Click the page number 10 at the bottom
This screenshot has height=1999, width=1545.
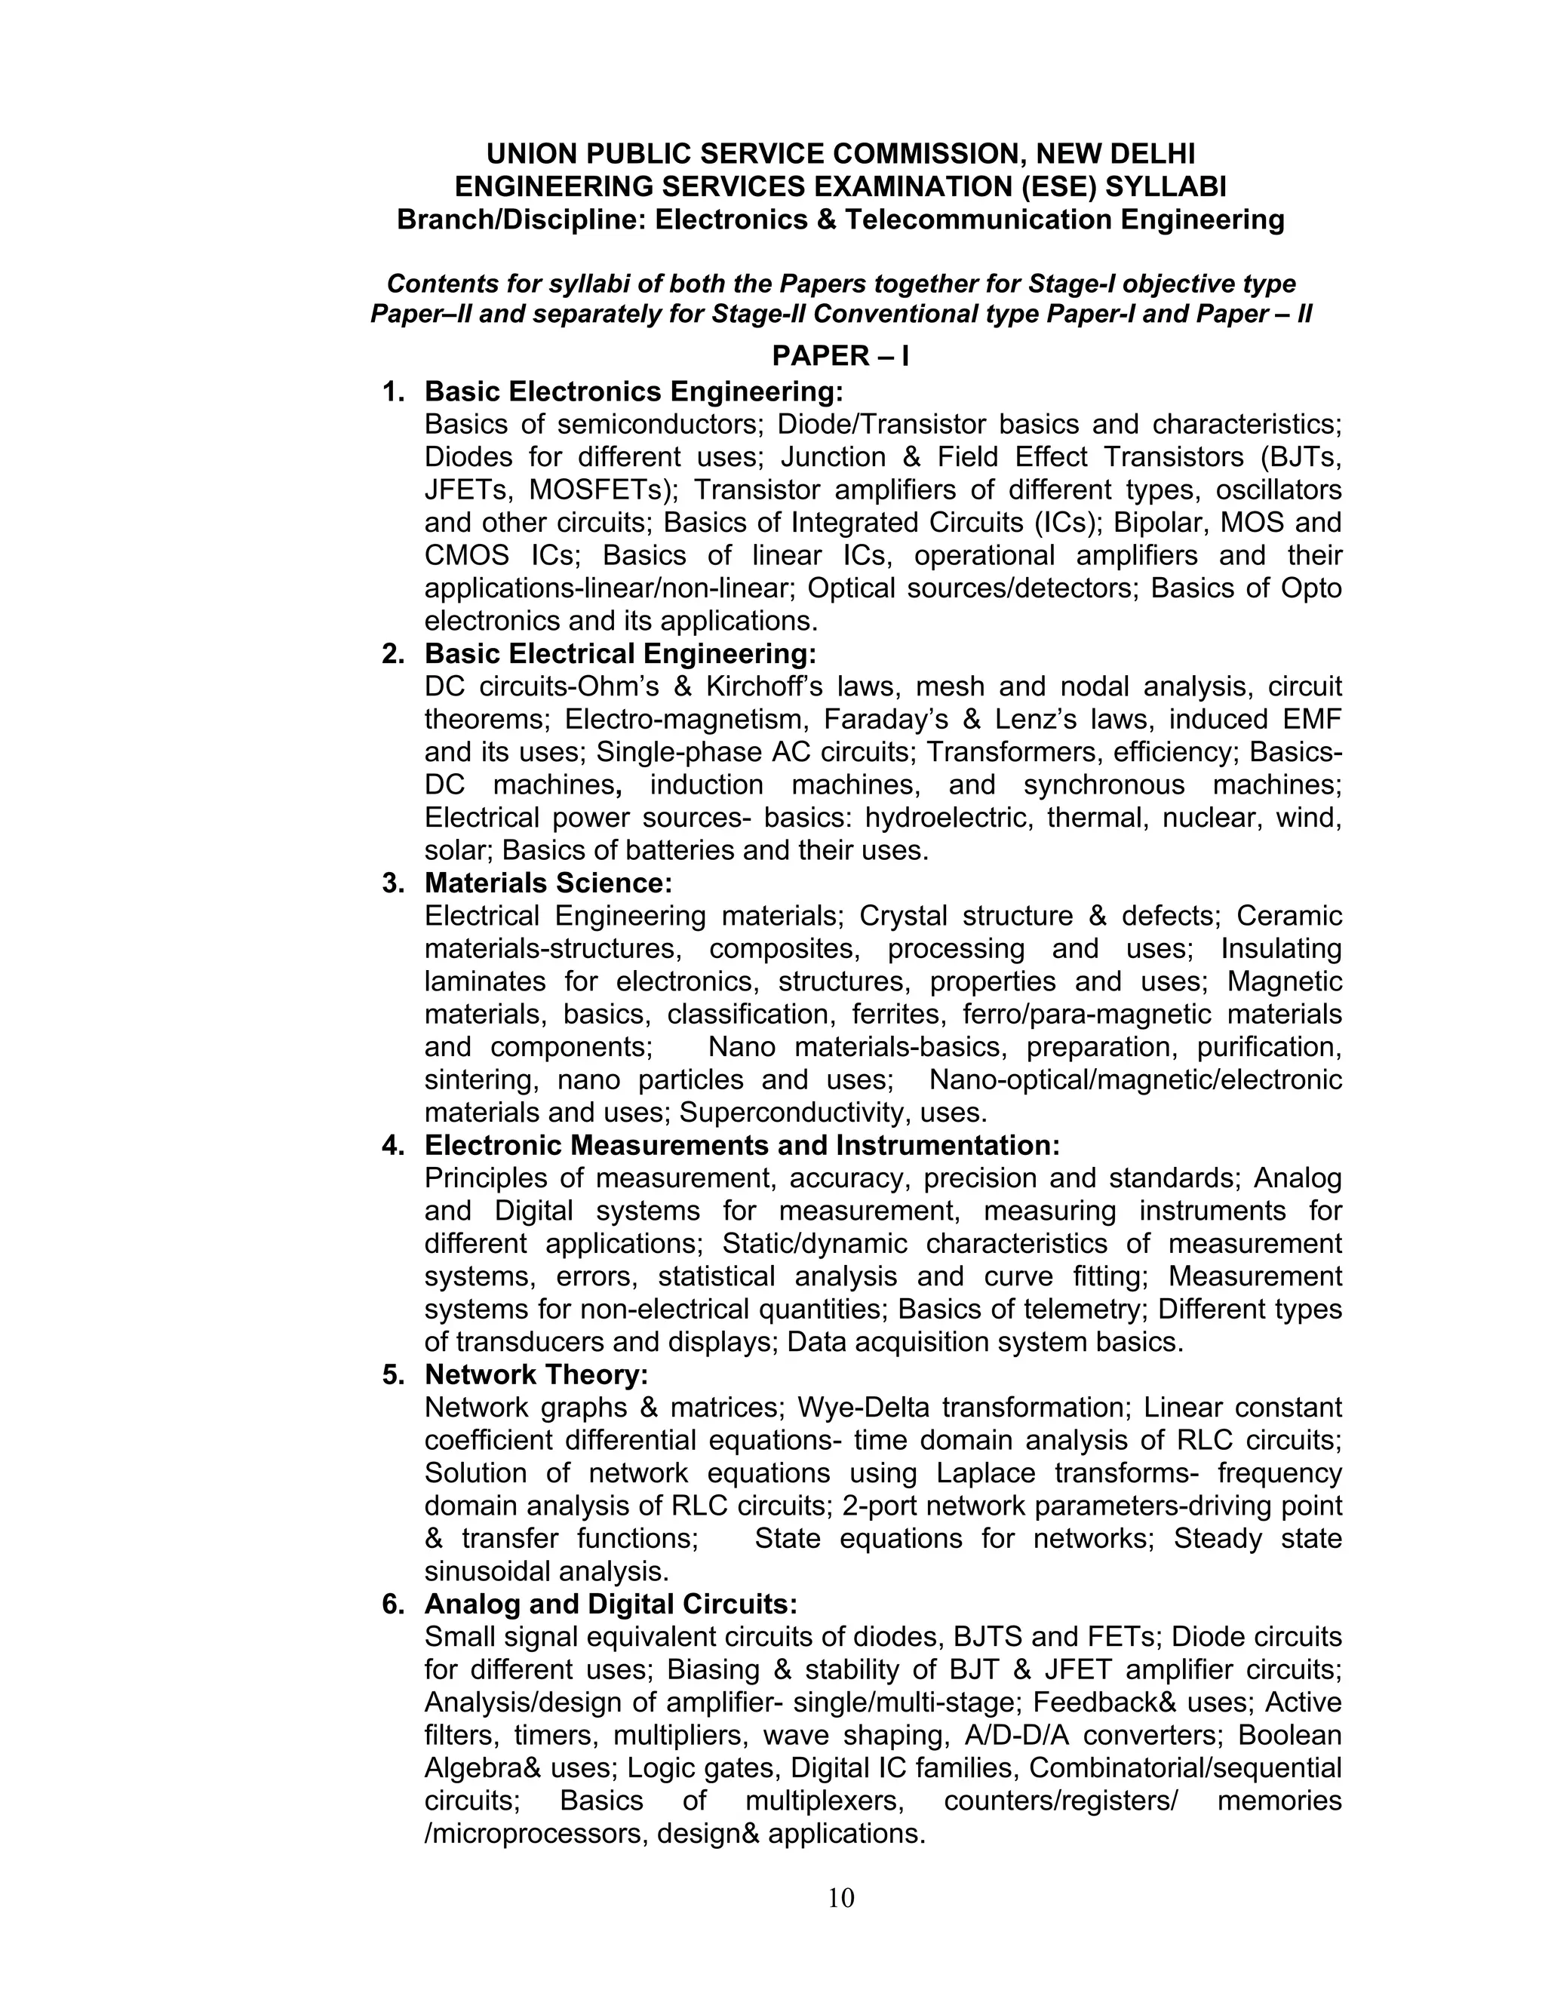pos(840,1899)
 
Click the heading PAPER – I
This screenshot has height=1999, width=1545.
pos(840,355)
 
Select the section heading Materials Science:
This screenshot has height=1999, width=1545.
pos(548,883)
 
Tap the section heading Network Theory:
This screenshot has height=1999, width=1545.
pos(536,1374)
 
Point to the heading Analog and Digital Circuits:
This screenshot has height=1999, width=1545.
pos(610,1604)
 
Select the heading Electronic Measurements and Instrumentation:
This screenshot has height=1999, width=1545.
pos(742,1145)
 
